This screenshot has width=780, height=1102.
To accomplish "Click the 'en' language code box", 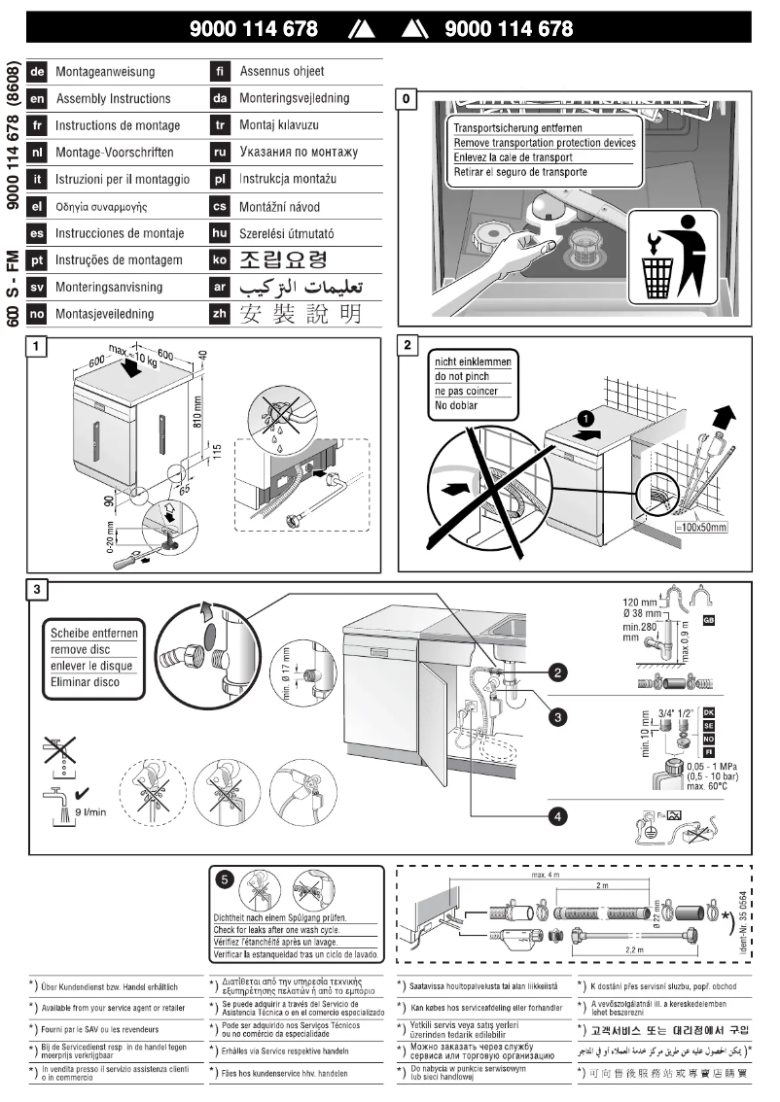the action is coord(37,98).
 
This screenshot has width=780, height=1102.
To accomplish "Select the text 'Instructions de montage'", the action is coord(118,125).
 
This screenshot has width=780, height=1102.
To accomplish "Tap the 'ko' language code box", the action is coord(220,259).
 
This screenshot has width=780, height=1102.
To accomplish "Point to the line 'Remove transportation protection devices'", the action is coord(545,143).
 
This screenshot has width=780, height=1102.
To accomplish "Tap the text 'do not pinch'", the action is coord(466,376).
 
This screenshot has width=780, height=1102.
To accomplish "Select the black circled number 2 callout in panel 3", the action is coord(556,671).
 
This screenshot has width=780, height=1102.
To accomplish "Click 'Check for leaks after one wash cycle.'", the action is coord(295,930).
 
